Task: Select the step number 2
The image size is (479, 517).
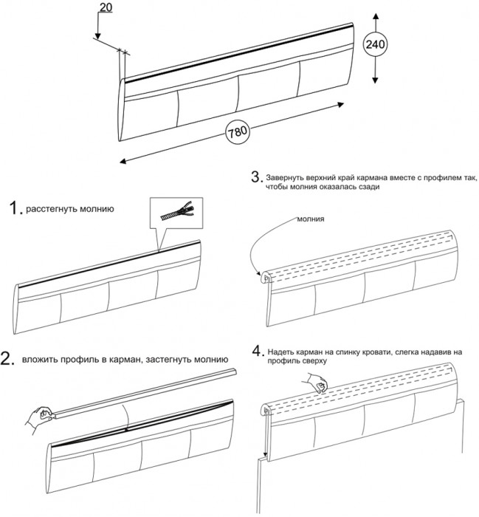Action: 9,359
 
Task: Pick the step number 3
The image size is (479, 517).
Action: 256,177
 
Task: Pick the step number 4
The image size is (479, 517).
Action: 257,350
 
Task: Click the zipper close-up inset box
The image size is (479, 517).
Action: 174,213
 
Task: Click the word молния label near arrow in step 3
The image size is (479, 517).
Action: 312,219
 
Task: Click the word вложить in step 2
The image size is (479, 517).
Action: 38,360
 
